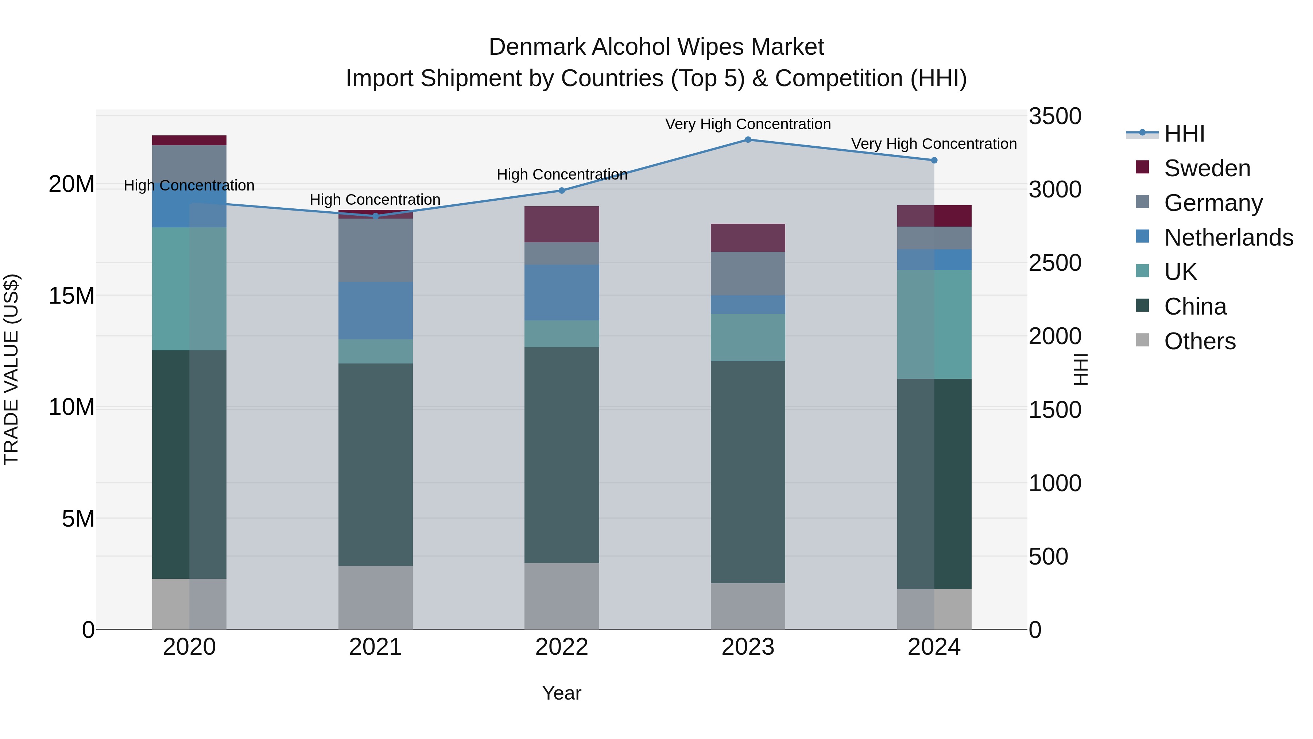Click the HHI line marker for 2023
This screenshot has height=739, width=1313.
(x=748, y=139)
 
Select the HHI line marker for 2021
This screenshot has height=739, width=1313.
(x=376, y=216)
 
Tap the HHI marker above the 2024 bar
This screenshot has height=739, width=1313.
(x=934, y=160)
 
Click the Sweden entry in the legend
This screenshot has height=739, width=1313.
(x=1207, y=168)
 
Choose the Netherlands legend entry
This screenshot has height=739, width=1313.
(x=1228, y=238)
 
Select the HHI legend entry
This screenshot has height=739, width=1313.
(x=1184, y=134)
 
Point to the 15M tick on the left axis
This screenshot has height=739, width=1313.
(x=71, y=296)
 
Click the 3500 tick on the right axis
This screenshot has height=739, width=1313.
(x=1054, y=116)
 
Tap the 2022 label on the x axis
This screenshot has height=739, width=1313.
(x=562, y=647)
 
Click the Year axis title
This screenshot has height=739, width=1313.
(x=562, y=693)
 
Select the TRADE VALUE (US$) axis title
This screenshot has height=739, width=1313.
(x=12, y=369)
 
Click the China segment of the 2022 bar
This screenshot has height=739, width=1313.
(x=562, y=455)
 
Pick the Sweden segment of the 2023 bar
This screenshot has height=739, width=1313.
(x=748, y=238)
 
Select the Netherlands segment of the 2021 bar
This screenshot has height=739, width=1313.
(x=376, y=311)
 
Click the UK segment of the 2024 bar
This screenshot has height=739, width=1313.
(x=934, y=324)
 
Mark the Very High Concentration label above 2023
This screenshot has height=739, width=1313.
(x=748, y=124)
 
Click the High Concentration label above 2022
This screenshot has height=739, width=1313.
(x=562, y=174)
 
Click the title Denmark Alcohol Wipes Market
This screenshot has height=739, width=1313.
(x=656, y=47)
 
